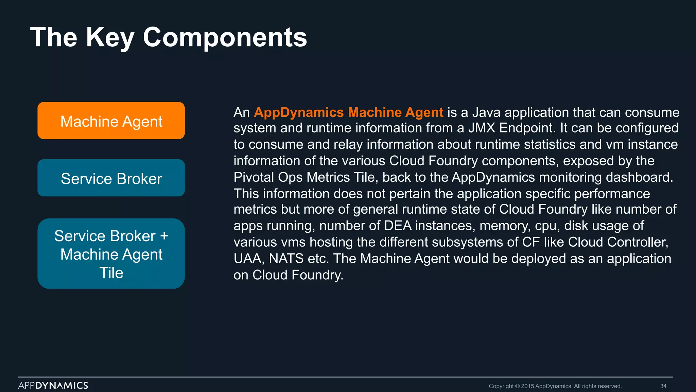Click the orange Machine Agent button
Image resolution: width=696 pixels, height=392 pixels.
111,121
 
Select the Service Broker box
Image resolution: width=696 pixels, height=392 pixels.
111,178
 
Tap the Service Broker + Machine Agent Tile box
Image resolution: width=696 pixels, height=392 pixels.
111,254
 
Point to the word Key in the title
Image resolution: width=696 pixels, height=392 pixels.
110,38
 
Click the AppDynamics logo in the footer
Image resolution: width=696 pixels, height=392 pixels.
53,385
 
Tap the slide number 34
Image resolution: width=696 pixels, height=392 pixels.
663,386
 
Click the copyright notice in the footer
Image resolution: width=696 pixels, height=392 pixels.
555,386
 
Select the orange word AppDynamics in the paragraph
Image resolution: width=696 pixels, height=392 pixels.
299,112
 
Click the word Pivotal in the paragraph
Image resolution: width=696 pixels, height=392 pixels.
253,177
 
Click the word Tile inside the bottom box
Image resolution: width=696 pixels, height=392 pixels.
111,273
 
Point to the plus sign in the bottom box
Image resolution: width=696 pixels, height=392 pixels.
164,236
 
